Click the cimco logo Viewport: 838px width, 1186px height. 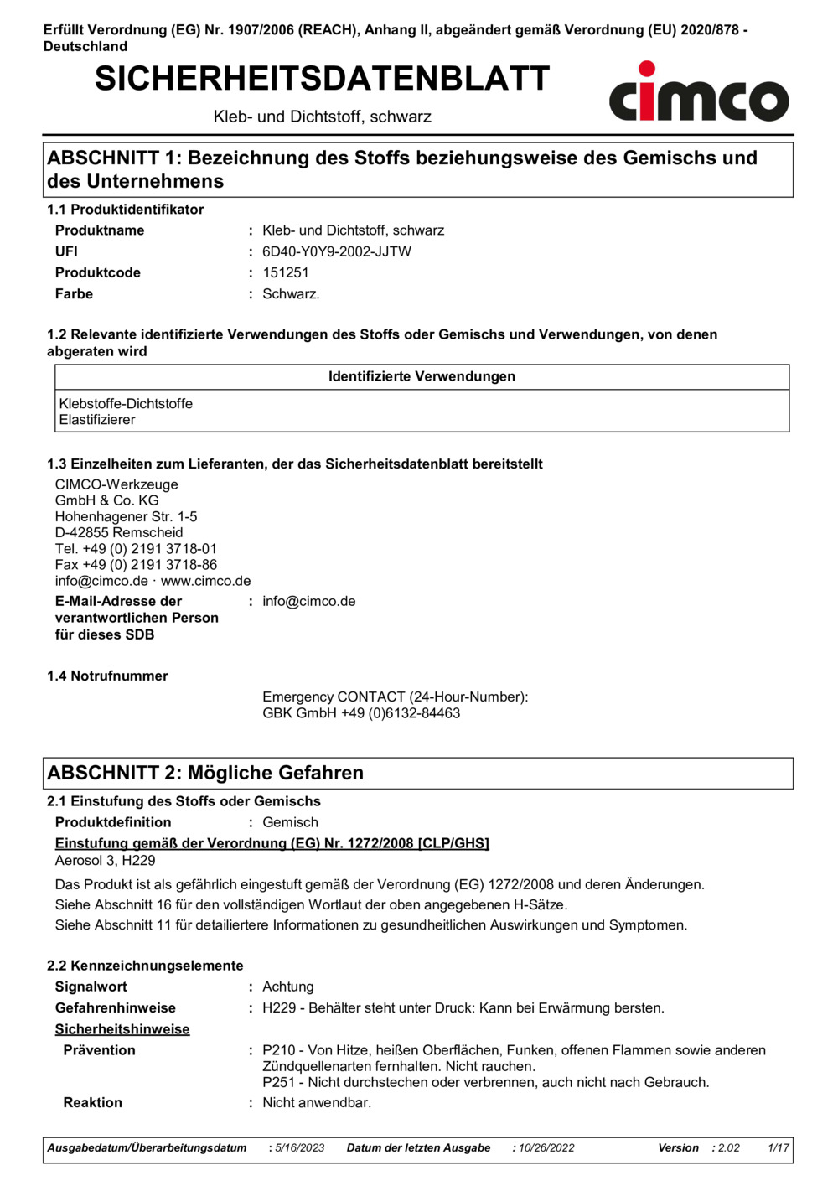[x=698, y=93]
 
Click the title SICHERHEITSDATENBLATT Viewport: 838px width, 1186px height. [x=322, y=79]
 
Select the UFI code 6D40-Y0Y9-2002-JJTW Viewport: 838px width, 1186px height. [x=336, y=251]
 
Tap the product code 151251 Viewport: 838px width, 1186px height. [x=285, y=272]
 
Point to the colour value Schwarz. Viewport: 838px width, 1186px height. [x=290, y=294]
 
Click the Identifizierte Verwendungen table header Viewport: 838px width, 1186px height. [x=422, y=377]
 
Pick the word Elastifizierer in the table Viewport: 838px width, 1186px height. [x=97, y=420]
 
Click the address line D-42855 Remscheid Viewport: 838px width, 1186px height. [x=119, y=533]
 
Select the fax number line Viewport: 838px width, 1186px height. [x=136, y=565]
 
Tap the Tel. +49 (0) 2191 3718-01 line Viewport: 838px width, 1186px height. [x=136, y=549]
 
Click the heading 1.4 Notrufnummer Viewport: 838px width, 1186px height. [x=107, y=676]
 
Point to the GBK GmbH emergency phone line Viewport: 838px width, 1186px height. [x=361, y=713]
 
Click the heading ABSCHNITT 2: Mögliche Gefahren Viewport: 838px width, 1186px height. [x=205, y=773]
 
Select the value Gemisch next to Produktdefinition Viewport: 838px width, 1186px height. [x=290, y=822]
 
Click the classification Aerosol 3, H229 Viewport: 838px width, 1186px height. [x=105, y=861]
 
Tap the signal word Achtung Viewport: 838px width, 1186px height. [x=287, y=987]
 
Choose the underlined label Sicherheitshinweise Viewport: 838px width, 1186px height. [x=122, y=1029]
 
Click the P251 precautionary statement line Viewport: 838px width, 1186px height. [x=485, y=1082]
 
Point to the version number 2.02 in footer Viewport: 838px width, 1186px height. [x=729, y=1148]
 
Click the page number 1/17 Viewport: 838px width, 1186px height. [x=779, y=1148]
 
